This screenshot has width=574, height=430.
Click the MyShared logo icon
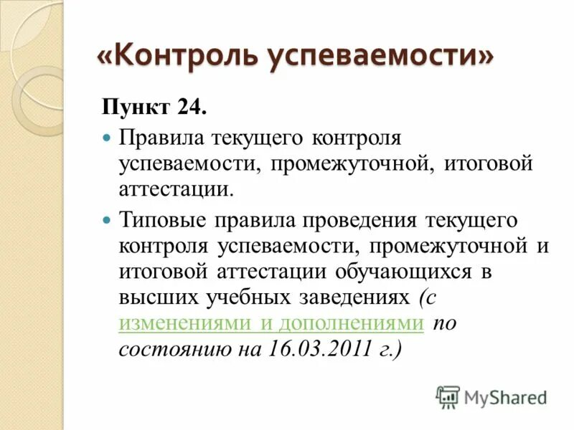coord(448,397)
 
